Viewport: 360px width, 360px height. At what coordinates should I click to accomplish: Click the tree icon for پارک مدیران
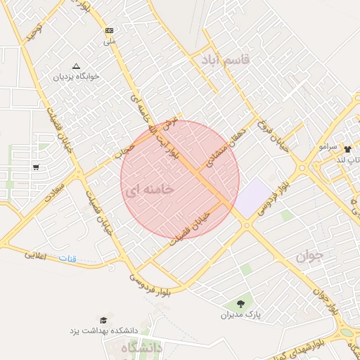(x=241, y=304)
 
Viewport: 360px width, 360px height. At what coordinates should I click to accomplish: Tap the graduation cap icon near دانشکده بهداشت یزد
(x=104, y=321)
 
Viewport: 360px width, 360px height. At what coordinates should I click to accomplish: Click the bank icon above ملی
(x=109, y=31)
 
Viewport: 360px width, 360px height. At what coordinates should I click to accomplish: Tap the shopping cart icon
(x=35, y=167)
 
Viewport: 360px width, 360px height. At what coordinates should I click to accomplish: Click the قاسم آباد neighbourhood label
(x=226, y=58)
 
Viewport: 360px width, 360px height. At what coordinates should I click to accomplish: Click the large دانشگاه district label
(x=141, y=348)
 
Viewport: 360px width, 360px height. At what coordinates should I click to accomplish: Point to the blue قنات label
(x=67, y=258)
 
